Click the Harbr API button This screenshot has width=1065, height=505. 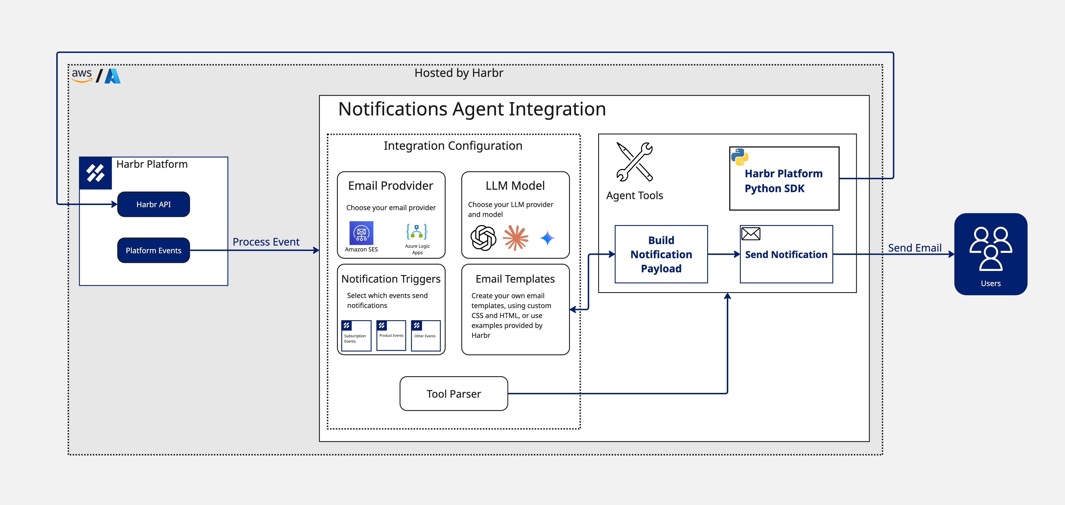tap(153, 204)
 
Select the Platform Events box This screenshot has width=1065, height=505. tap(153, 250)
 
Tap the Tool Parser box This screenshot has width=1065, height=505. tap(453, 394)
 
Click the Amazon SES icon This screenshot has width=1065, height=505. tap(361, 233)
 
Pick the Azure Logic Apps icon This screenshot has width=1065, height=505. tap(417, 232)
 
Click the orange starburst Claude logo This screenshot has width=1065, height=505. tap(516, 238)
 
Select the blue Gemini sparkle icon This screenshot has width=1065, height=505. tap(547, 238)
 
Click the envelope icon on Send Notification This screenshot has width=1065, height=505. tap(750, 234)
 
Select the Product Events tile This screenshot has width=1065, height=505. tap(391, 335)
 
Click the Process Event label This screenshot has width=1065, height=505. tap(266, 242)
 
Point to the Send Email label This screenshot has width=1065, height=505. tap(915, 248)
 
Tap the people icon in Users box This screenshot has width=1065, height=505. tap(991, 248)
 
